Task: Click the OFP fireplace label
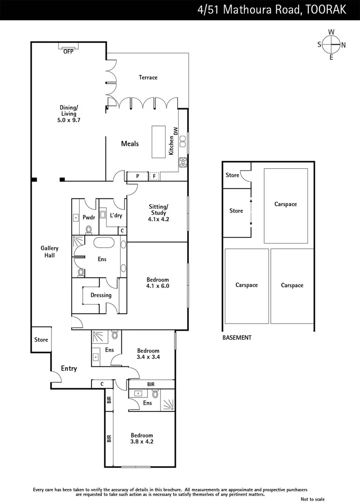point(68,52)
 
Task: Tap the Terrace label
point(148,77)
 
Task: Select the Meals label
point(130,144)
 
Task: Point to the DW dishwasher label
point(175,130)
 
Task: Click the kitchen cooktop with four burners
point(183,162)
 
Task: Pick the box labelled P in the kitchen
point(138,176)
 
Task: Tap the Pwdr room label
point(88,217)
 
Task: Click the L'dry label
point(115,215)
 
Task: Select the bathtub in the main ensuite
point(104,243)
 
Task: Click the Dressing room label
point(101,295)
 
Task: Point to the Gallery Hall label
point(49,251)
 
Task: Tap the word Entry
point(69,369)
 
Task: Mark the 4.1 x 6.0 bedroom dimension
point(158,286)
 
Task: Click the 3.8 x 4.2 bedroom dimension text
point(142,442)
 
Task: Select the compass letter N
point(343,45)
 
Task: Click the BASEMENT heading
point(237,338)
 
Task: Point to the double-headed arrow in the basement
point(251,212)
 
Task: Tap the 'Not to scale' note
point(313,499)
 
